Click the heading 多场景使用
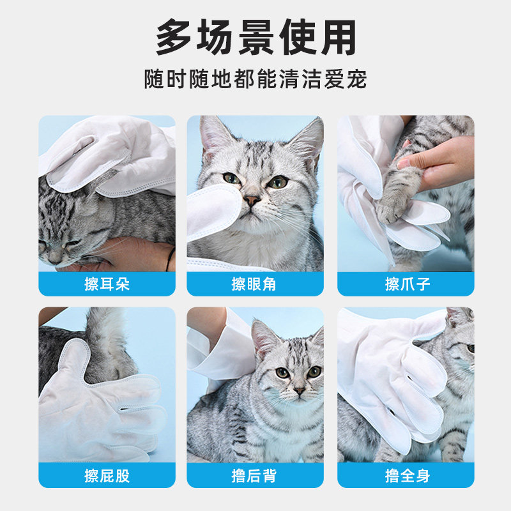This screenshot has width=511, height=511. pyautogui.click(x=256, y=38)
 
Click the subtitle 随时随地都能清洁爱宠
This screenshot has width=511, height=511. pyautogui.click(x=256, y=80)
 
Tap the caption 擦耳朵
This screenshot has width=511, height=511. pyautogui.click(x=107, y=284)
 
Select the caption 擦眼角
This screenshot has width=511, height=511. pyautogui.click(x=255, y=284)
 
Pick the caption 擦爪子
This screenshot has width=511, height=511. pyautogui.click(x=406, y=284)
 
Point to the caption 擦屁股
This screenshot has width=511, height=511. pyautogui.click(x=107, y=476)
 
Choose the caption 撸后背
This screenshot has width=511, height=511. pyautogui.click(x=255, y=476)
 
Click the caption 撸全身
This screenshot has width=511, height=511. pyautogui.click(x=406, y=476)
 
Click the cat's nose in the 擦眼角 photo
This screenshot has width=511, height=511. pyautogui.click(x=253, y=201)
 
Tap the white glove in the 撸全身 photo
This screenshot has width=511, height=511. pyautogui.click(x=390, y=377)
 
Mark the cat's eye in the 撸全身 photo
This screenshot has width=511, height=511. pyautogui.click(x=470, y=349)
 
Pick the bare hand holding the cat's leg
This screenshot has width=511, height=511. pyautogui.click(x=441, y=163)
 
